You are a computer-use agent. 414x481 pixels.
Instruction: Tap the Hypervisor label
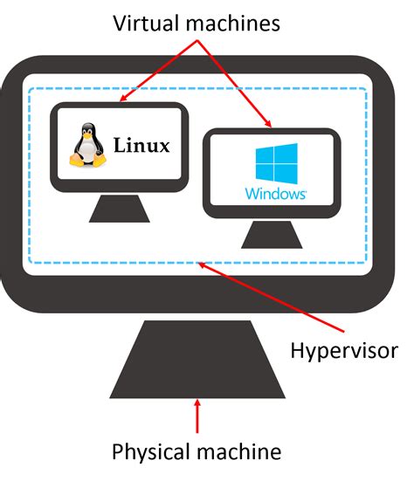[343, 350]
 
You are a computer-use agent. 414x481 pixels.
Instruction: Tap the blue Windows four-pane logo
[275, 163]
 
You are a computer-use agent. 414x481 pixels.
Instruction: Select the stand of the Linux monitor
[118, 209]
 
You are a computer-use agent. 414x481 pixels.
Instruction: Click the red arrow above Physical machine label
[198, 416]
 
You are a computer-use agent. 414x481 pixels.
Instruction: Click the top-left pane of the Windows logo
[266, 155]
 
